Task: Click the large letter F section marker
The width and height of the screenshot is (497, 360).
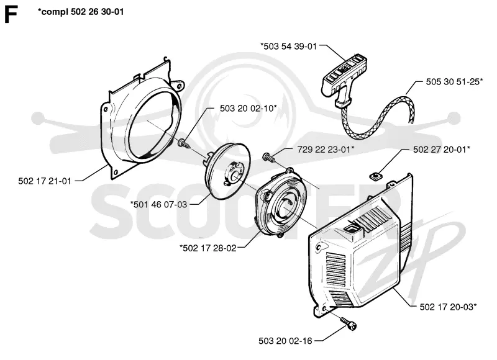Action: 11,15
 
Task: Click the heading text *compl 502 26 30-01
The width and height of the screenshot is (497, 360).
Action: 81,12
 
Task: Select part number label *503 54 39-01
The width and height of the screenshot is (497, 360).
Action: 288,46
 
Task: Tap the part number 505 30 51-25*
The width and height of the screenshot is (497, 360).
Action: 454,82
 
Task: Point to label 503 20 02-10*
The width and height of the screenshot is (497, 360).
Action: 248,108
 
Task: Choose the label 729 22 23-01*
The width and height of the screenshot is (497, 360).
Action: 326,150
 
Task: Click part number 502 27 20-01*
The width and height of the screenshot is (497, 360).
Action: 442,150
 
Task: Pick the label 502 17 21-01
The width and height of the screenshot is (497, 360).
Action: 45,181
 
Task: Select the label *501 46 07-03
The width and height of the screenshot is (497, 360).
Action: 159,205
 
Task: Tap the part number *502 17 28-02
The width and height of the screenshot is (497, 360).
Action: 208,248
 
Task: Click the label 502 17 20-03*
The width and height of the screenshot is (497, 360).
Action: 448,307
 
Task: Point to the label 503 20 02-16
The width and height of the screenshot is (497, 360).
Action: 285,341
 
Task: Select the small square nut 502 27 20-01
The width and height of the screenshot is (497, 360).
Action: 375,176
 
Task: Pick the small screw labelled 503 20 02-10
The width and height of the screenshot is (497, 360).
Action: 184,143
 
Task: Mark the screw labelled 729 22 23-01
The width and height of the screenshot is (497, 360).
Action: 268,157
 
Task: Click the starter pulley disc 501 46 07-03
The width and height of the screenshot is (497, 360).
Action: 227,171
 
